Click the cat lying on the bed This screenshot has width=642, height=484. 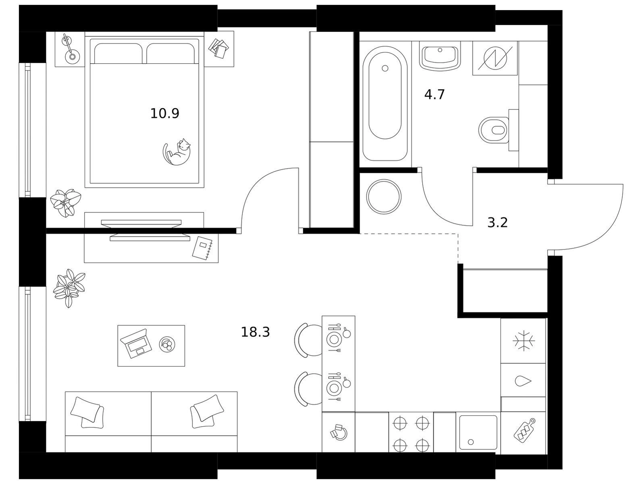tap(176, 152)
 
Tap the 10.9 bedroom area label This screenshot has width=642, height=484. tap(165, 113)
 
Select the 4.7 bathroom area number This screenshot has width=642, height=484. tap(434, 94)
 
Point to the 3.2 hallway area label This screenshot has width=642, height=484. tap(498, 223)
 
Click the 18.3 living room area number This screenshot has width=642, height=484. tap(255, 332)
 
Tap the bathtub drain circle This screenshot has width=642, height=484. tap(385, 68)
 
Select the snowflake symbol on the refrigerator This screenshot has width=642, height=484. tap(523, 341)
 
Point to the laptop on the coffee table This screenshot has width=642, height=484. tap(136, 343)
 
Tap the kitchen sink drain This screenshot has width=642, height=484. tap(471, 442)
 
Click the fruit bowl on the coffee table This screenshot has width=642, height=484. tap(167, 344)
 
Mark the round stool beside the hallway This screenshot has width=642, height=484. tap(384, 197)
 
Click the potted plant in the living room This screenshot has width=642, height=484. tap(69, 288)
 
